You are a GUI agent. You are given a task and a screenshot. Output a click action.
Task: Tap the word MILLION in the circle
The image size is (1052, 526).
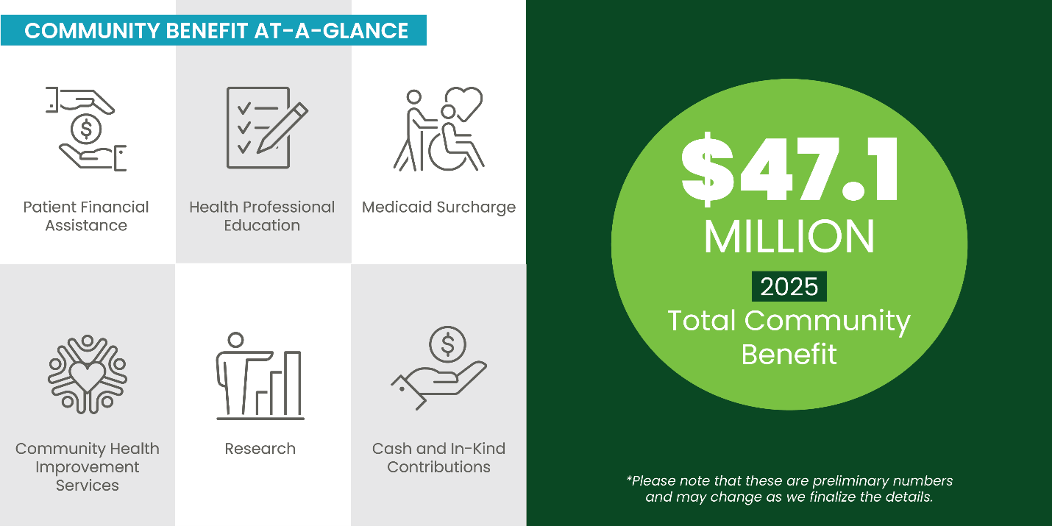coord(789,237)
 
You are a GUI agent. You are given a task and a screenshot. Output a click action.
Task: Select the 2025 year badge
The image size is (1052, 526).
coord(789,286)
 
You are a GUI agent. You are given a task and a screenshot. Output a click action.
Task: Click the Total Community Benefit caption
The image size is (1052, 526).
coord(789,337)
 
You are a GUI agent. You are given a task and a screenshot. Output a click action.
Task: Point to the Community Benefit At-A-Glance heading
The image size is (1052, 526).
coord(216,31)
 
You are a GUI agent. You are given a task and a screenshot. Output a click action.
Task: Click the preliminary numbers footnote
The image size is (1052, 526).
coord(789,488)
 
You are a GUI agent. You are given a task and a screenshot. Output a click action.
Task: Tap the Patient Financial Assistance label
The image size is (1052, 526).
coord(86,216)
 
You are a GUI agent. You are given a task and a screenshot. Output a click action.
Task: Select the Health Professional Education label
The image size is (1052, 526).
coord(262,216)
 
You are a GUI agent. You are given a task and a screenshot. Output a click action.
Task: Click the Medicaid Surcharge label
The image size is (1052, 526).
coord(438,207)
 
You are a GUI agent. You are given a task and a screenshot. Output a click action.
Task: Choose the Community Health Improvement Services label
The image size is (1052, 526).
coord(87,466)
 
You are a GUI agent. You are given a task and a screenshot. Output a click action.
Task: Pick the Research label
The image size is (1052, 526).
coord(260,449)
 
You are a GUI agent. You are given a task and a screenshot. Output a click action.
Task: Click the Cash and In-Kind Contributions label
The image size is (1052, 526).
coord(438,458)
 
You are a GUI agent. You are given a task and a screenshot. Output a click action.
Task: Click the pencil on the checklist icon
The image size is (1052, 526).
coord(282,127)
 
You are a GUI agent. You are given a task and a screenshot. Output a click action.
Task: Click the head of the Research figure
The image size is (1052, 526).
coord(235,341)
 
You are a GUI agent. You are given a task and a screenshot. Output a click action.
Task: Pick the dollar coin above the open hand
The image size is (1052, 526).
coord(448,343)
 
